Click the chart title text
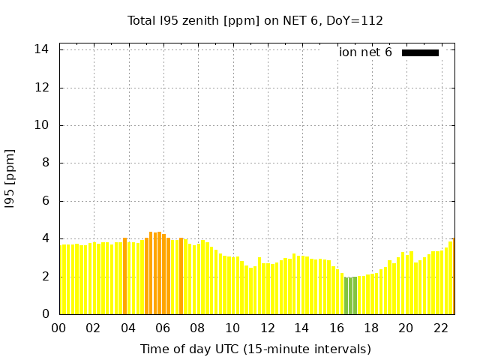pyautogui.click(x=255, y=21)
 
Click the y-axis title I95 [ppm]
pyautogui.click(x=10, y=178)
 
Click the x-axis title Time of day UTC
pyautogui.click(x=255, y=349)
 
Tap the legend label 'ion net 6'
pyautogui.click(x=365, y=52)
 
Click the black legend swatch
pyautogui.click(x=420, y=52)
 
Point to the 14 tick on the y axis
pyautogui.click(x=43, y=49)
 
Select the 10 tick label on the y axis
pyautogui.click(x=43, y=125)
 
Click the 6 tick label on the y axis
pyautogui.click(x=46, y=201)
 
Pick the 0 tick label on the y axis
pyautogui.click(x=46, y=314)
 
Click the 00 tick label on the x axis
pyautogui.click(x=59, y=328)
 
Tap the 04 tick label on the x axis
pyautogui.click(x=128, y=328)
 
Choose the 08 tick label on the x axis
pyautogui.click(x=198, y=328)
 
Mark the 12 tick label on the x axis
pyautogui.click(x=267, y=328)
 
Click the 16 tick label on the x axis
pyautogui.click(x=337, y=328)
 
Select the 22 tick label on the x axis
pyautogui.click(x=440, y=328)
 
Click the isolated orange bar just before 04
pyautogui.click(x=124, y=276)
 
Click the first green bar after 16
pyautogui.click(x=346, y=295)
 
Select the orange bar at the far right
pyautogui.click(x=453, y=276)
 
